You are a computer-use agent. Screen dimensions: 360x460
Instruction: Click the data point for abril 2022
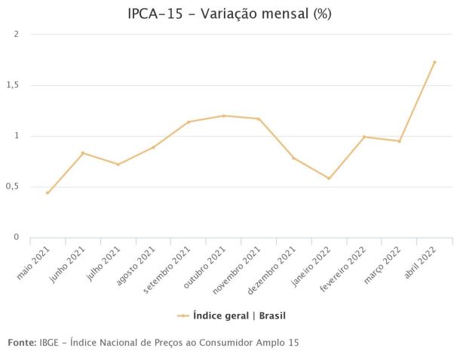click(x=434, y=62)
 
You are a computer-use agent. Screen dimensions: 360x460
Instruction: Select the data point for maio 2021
click(x=48, y=193)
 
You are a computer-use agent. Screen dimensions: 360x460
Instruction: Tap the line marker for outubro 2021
click(x=223, y=115)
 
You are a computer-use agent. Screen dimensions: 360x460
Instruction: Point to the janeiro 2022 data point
click(x=329, y=178)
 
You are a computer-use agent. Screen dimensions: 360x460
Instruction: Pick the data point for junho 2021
click(x=83, y=153)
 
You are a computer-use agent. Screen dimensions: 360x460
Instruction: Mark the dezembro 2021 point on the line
click(x=293, y=158)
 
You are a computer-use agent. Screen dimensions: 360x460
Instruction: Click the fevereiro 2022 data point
click(x=364, y=137)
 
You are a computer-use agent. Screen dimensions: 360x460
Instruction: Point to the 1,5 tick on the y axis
click(x=13, y=85)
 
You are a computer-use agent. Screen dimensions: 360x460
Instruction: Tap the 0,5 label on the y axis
click(x=13, y=186)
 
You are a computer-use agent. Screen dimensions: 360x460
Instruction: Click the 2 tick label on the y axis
click(x=16, y=35)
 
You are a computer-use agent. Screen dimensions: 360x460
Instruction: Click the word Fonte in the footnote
click(x=21, y=343)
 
